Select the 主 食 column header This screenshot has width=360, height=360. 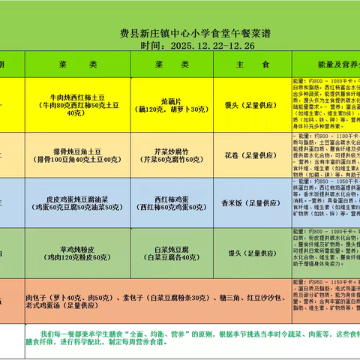[247, 65]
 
